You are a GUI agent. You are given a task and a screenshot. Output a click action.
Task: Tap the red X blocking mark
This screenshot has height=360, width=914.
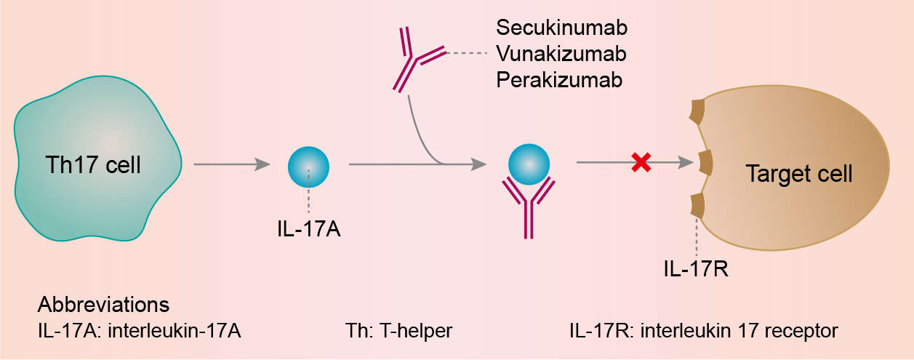pyautogui.click(x=641, y=164)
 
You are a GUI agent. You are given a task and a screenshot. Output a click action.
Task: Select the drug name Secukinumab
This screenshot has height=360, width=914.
pyautogui.click(x=562, y=28)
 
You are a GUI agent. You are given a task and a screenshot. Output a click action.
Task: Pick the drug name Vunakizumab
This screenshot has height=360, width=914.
pyautogui.click(x=561, y=54)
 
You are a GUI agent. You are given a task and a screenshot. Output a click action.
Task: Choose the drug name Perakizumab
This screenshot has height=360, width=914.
pyautogui.click(x=559, y=79)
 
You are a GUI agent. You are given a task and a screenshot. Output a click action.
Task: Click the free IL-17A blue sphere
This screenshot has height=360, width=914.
pyautogui.click(x=309, y=167)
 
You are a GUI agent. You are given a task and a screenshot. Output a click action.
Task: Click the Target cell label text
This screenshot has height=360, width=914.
pyautogui.click(x=798, y=175)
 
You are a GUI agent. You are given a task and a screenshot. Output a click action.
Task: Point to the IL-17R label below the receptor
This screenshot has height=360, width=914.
pyautogui.click(x=697, y=270)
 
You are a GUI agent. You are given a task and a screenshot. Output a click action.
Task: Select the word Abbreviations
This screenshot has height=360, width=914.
pyautogui.click(x=103, y=304)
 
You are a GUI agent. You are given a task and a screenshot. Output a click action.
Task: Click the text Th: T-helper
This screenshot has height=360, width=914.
pyautogui.click(x=398, y=331)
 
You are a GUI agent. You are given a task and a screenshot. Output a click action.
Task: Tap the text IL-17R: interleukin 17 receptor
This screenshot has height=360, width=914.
pyautogui.click(x=704, y=331)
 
